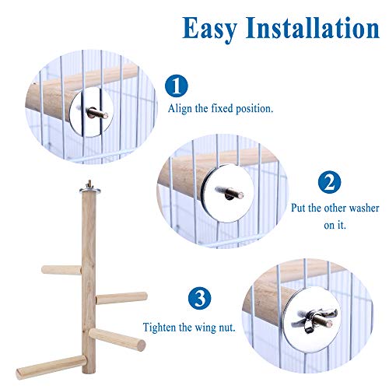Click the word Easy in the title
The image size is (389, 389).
tap(209, 29)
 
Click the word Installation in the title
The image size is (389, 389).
tap(313, 27)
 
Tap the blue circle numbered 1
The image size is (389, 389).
tap(177, 86)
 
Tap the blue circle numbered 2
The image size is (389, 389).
tap(329, 182)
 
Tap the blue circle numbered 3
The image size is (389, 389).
tap(199, 298)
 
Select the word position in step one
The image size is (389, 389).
tap(254, 109)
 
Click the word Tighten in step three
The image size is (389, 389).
tap(159, 328)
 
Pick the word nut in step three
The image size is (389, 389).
tap(227, 328)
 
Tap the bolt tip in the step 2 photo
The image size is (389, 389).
tap(240, 194)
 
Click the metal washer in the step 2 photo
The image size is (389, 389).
tap(226, 193)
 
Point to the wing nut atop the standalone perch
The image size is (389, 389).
tap(89, 184)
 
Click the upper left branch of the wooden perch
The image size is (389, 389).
tap(61, 270)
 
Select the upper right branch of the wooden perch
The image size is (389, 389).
tap(121, 298)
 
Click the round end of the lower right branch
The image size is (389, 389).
tap(141, 345)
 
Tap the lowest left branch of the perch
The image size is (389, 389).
tap(51, 367)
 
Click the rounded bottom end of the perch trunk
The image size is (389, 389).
tap(89, 371)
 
